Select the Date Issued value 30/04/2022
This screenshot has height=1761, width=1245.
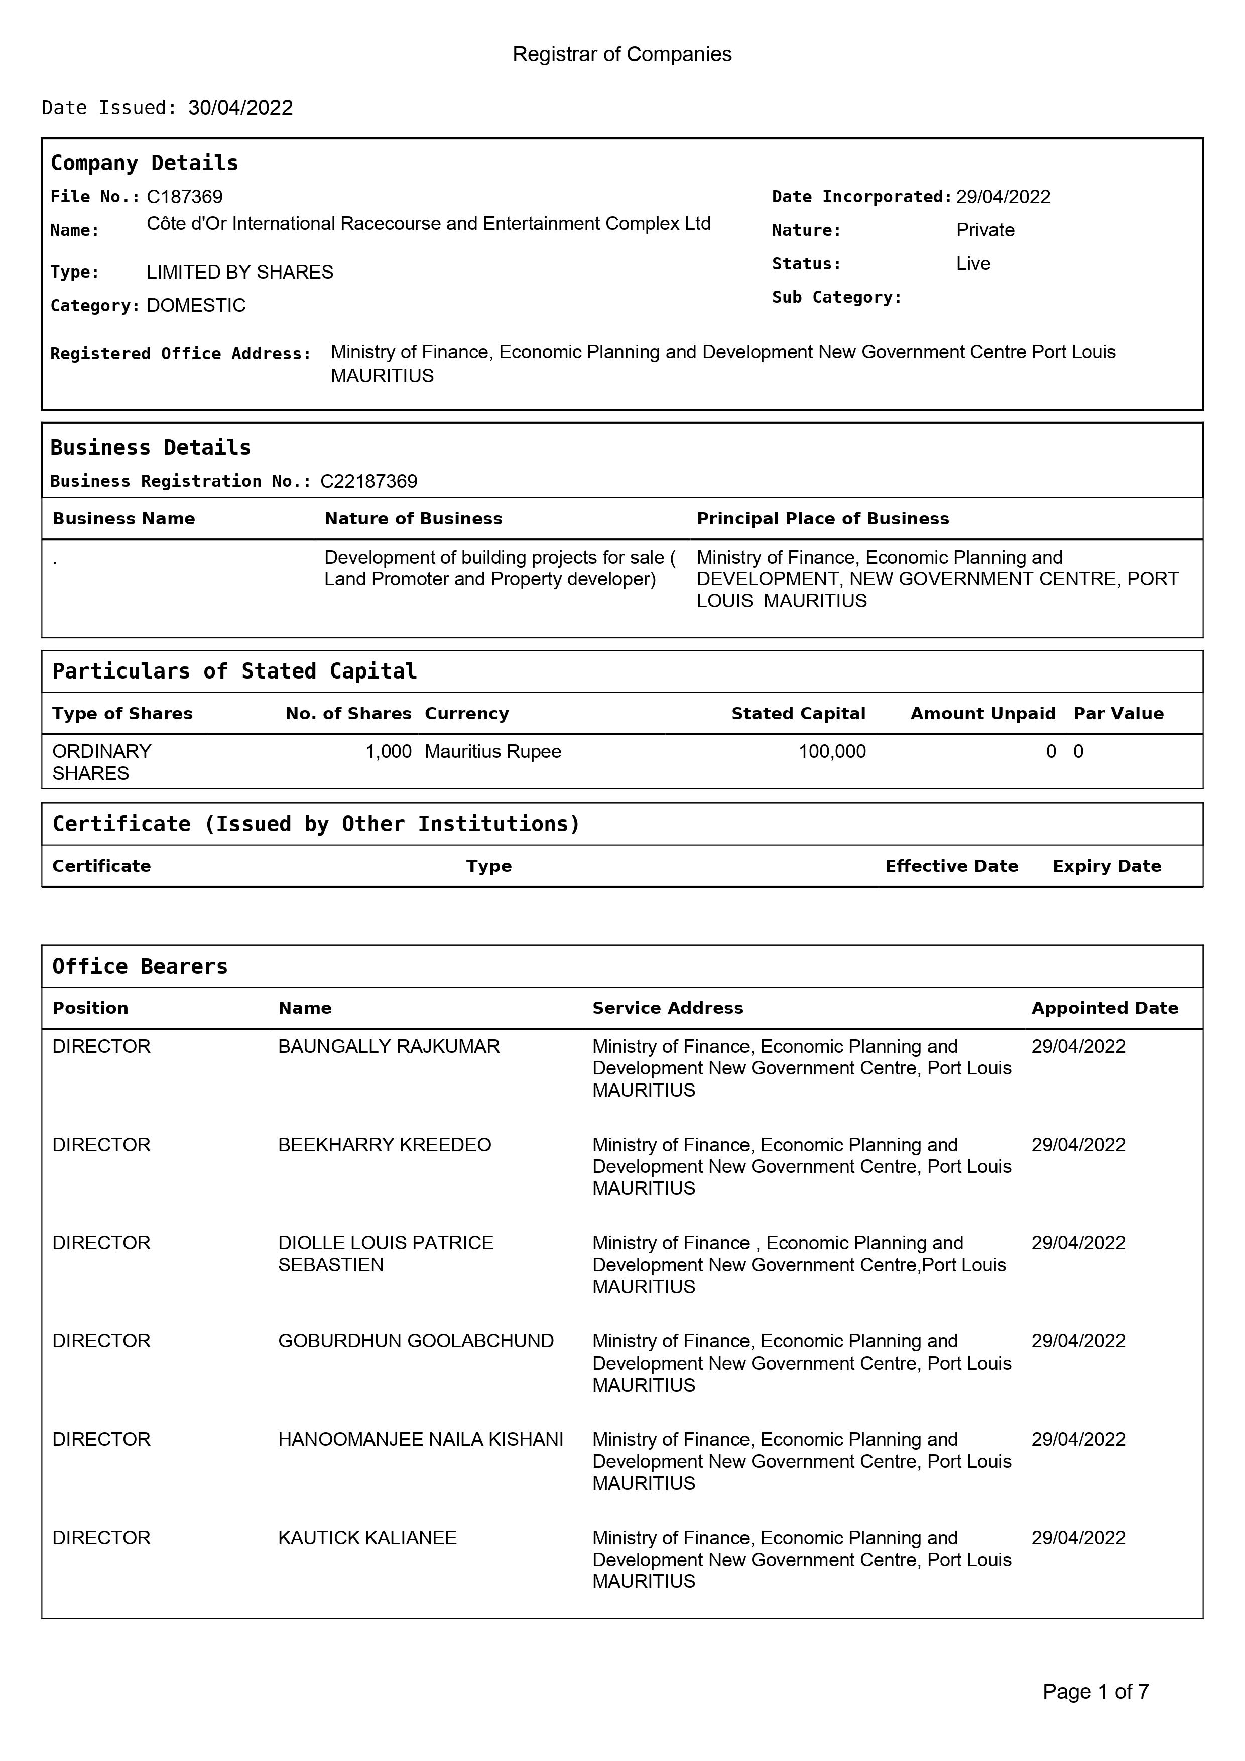pos(240,108)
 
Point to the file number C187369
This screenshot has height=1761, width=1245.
pos(184,197)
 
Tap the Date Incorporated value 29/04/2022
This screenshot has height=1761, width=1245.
pos(1003,197)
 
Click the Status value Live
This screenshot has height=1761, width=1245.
pos(973,264)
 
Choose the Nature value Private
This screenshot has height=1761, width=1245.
pos(985,230)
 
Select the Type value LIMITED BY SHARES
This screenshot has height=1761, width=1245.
pos(239,273)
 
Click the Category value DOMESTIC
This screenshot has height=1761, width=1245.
pos(196,305)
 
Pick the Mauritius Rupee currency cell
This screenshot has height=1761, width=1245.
pos(492,752)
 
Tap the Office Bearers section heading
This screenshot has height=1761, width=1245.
pos(140,967)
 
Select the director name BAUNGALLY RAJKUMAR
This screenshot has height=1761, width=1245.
pos(388,1047)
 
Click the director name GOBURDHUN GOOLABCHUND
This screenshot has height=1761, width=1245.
pos(415,1341)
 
